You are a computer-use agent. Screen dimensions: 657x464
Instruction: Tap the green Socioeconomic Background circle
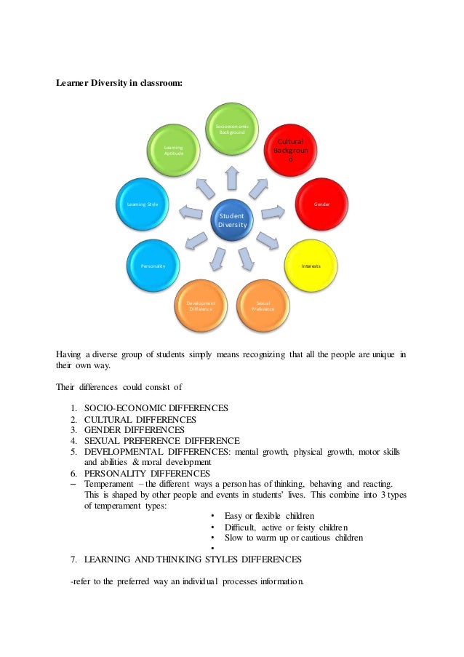232,130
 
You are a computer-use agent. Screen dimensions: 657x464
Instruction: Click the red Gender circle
321,204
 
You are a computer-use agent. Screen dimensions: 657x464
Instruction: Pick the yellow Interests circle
311,266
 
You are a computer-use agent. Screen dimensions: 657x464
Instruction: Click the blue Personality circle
153,266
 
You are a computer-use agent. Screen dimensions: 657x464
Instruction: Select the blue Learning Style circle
143,204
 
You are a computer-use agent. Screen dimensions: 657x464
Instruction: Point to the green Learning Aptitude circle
174,151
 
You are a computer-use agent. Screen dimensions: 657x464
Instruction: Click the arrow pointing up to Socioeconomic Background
231,178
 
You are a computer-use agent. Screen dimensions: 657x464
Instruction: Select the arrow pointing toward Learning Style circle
191,212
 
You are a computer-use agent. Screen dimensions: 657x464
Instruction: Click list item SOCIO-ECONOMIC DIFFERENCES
156,408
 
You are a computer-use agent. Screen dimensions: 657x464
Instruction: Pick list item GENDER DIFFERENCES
135,430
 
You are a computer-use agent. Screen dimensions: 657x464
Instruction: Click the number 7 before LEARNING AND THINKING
73,560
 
